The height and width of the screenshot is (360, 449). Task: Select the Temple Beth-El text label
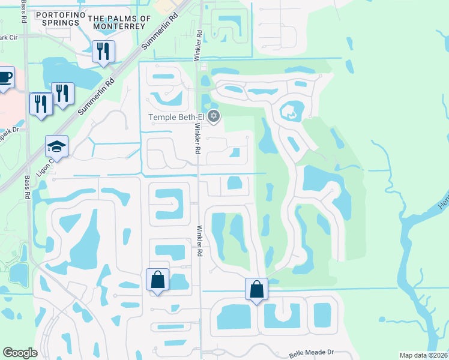[x=178, y=117]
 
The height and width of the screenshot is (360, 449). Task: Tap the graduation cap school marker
[x=57, y=146]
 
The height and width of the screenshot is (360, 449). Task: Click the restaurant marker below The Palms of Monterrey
[x=103, y=52]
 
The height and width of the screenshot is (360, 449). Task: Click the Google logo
[x=20, y=353]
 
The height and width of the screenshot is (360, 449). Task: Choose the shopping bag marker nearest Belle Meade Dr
[x=256, y=289]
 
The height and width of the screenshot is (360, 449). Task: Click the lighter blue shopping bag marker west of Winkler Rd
[x=158, y=280]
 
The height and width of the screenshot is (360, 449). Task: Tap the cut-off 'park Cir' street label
[x=8, y=38]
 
